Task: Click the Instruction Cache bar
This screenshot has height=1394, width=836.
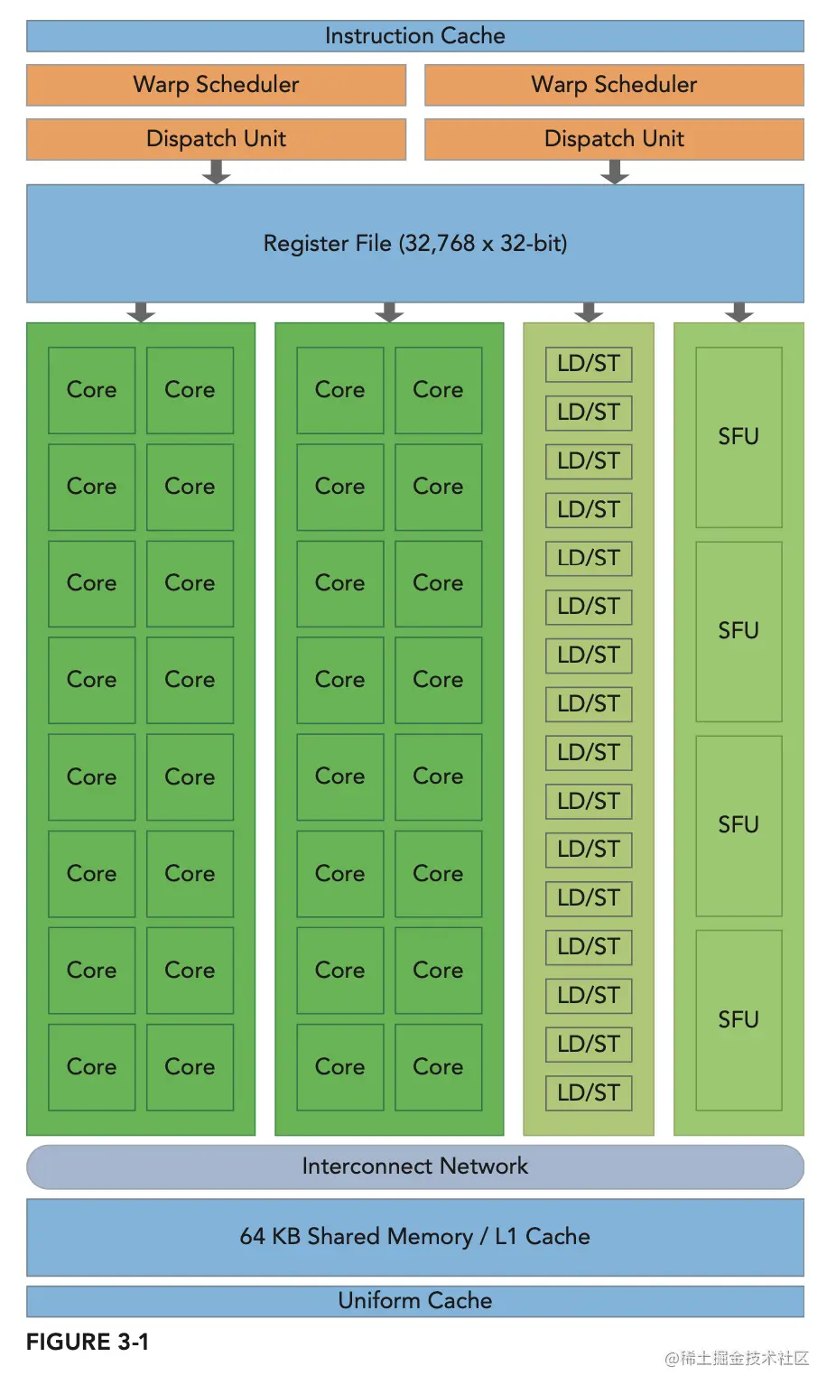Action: point(414,36)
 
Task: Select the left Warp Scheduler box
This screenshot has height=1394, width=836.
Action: point(216,85)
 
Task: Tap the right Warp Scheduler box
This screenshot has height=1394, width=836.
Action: point(614,85)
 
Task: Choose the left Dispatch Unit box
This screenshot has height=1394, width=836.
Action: point(216,139)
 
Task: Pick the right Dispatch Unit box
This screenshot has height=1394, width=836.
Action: point(614,139)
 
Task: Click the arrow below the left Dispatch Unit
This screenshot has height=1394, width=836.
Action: point(216,172)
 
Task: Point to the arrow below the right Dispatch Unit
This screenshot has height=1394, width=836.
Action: point(614,172)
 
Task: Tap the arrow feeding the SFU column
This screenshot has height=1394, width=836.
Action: point(738,312)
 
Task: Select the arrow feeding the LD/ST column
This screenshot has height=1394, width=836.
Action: point(589,312)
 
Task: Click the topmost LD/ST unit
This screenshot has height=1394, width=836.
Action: point(589,364)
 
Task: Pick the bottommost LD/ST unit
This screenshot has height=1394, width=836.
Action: point(589,1092)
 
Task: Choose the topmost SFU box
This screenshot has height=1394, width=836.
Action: point(738,437)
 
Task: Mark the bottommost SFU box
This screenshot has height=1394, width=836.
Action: point(738,1020)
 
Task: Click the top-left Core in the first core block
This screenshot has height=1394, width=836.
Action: point(91,390)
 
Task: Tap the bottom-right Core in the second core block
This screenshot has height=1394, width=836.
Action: point(438,1067)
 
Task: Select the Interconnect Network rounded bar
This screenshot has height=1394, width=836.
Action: point(414,1166)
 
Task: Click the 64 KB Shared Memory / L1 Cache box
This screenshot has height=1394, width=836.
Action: point(414,1237)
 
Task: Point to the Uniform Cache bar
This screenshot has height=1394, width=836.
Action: point(414,1301)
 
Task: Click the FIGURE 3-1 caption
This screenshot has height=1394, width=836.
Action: point(88,1343)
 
